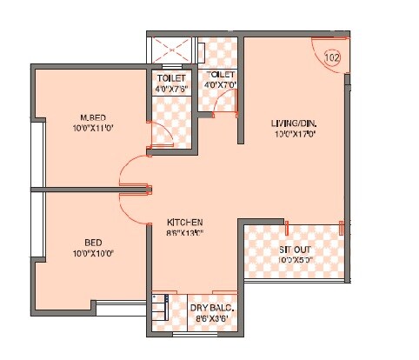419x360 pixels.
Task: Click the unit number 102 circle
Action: pyautogui.click(x=331, y=57)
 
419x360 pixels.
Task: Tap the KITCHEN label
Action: pyautogui.click(x=185, y=223)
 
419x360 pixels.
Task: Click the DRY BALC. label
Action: pyautogui.click(x=211, y=308)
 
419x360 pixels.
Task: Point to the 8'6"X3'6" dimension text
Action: pyautogui.click(x=211, y=319)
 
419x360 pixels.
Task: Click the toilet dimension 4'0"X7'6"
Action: pyautogui.click(x=170, y=87)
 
